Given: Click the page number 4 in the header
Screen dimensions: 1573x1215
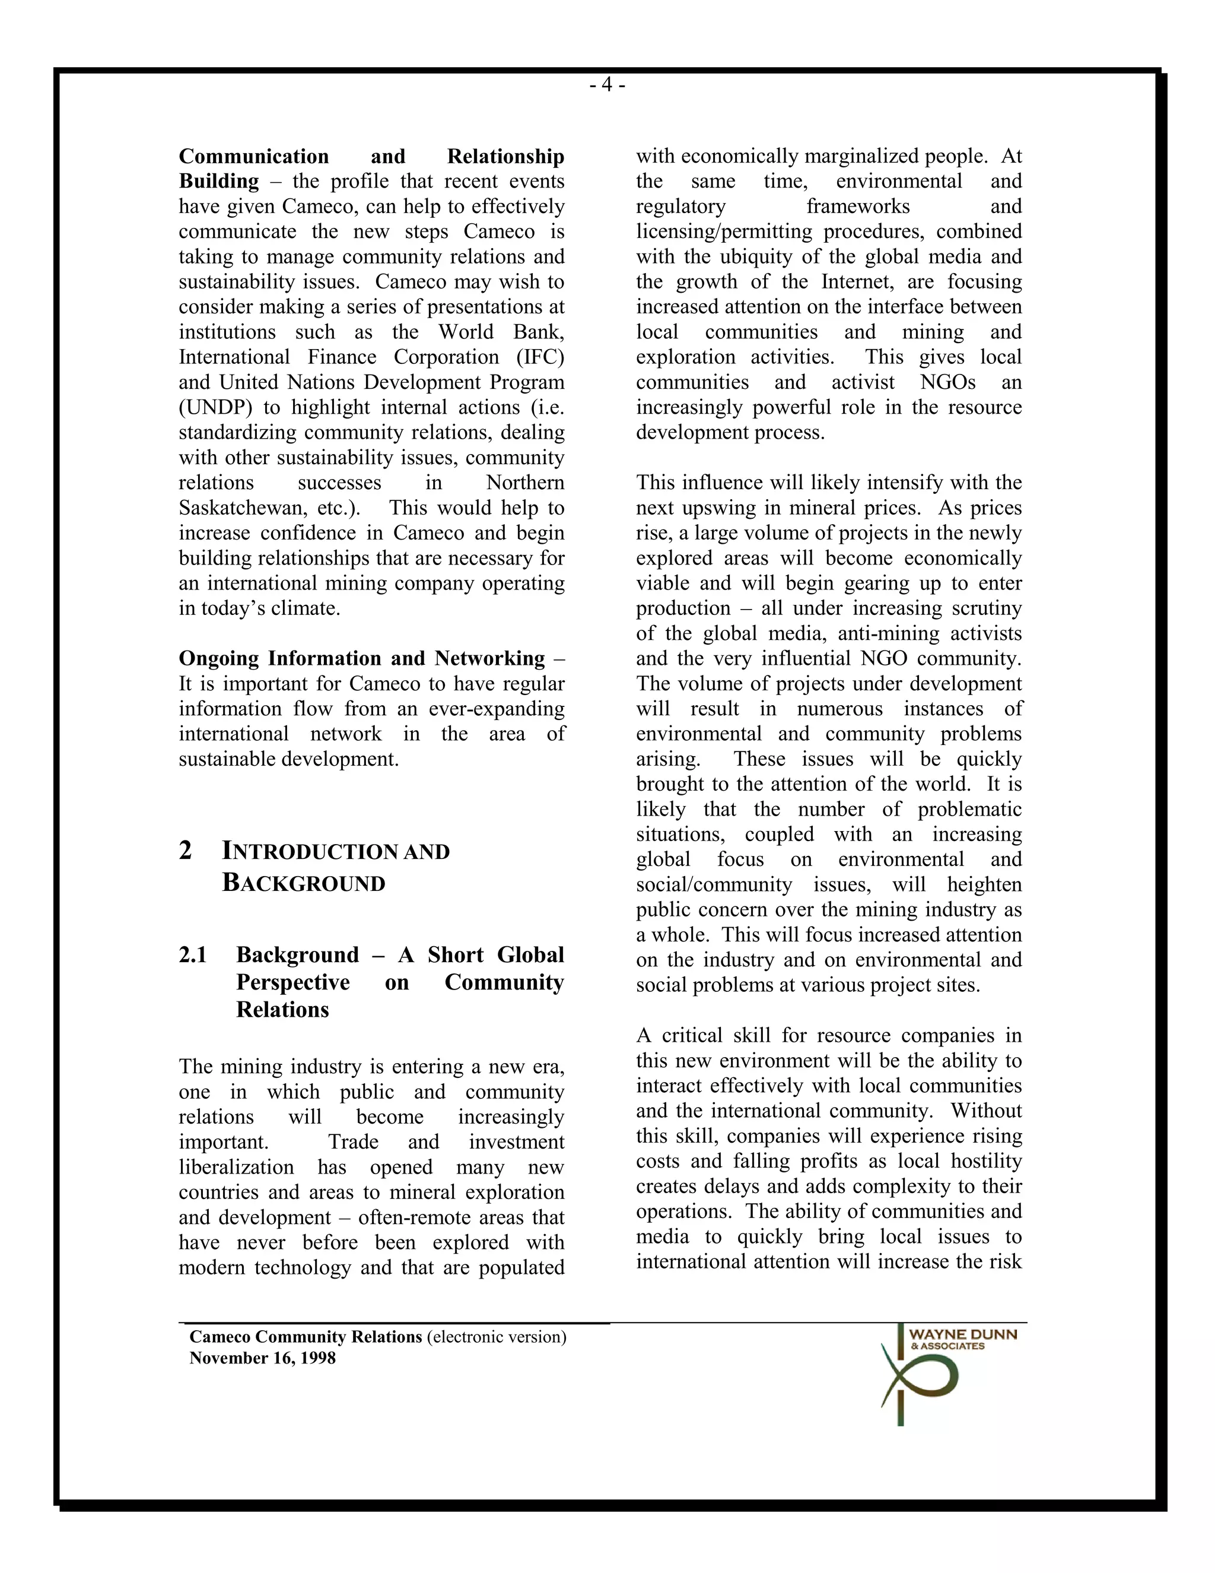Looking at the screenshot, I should tap(607, 85).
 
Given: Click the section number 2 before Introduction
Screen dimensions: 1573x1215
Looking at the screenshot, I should tap(186, 851).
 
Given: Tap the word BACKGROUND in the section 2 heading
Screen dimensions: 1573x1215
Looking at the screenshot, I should tap(304, 883).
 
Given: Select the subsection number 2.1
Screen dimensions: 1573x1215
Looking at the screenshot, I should tap(193, 955).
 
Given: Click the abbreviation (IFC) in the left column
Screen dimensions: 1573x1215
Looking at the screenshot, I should tap(540, 357).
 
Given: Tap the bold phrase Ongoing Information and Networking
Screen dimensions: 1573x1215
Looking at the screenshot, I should tap(362, 658).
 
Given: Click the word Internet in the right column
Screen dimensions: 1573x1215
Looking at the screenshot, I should tap(857, 281).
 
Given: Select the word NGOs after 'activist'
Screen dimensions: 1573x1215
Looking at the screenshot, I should tap(947, 382).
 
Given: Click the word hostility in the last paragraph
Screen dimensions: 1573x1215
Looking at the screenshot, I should tap(986, 1161).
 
